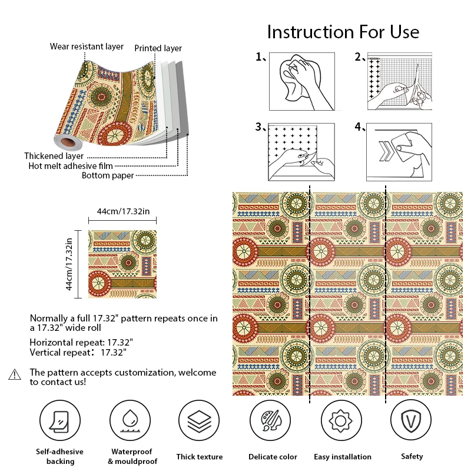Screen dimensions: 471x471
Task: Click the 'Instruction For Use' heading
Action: click(343, 31)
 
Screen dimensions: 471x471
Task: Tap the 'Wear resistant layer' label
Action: click(87, 47)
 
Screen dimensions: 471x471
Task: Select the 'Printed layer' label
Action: click(158, 48)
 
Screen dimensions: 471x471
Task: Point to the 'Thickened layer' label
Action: click(54, 156)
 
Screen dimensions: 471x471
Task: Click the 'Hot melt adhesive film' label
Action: click(71, 166)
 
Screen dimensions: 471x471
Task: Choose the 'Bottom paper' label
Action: click(108, 175)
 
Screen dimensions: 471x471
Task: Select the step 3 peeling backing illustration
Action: click(302, 152)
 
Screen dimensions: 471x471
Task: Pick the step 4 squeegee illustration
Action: click(400, 152)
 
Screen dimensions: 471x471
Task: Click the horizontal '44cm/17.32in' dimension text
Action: click(122, 211)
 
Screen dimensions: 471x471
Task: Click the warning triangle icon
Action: click(15, 374)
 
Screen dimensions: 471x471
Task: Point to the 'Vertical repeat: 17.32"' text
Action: click(78, 353)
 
